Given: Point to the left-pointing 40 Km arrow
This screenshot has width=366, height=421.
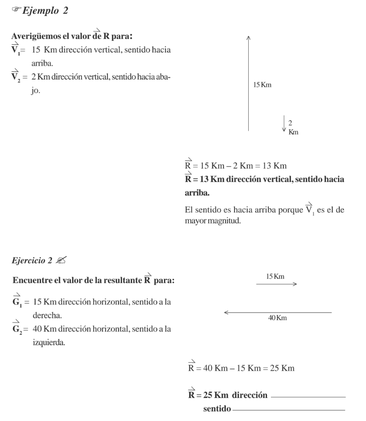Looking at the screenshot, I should pyautogui.click(x=278, y=313).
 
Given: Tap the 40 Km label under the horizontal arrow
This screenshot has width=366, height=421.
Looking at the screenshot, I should pyautogui.click(x=278, y=318).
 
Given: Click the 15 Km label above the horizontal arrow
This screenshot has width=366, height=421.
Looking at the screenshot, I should pyautogui.click(x=275, y=277).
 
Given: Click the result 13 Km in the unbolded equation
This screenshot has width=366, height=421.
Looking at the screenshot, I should pyautogui.click(x=274, y=166).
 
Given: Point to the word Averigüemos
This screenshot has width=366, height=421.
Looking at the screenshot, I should pyautogui.click(x=35, y=37).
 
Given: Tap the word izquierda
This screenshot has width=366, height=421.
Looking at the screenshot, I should pyautogui.click(x=48, y=342).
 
